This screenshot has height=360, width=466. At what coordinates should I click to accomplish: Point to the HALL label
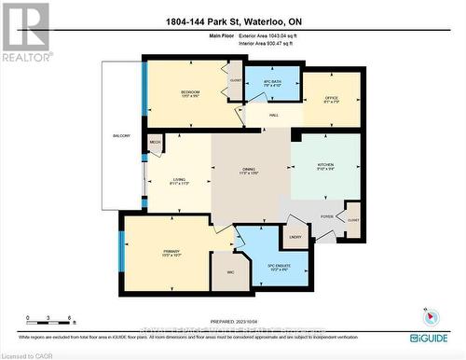tap(274, 115)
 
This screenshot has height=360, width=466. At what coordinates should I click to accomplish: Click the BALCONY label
tap(121, 136)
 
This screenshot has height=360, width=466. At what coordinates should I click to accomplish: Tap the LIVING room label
tap(180, 181)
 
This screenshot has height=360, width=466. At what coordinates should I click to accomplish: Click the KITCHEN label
tap(324, 168)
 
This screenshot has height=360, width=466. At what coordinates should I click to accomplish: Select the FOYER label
tap(327, 216)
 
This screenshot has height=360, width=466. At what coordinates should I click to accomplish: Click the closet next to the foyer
tap(352, 220)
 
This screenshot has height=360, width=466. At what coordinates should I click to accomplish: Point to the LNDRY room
tap(295, 236)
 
